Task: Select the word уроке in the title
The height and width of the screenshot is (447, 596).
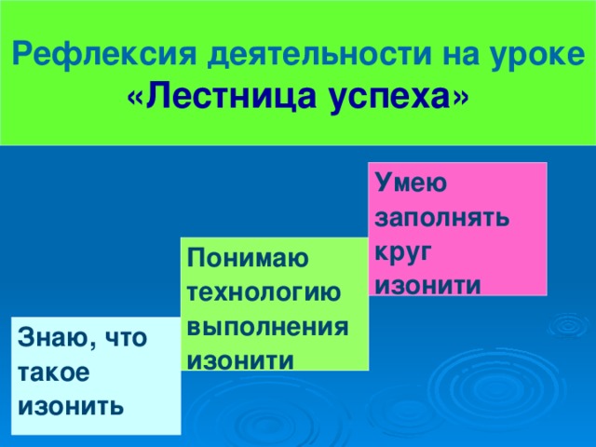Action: click(541, 55)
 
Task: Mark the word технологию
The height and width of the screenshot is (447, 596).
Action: click(263, 292)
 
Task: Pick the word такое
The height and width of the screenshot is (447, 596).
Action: click(54, 372)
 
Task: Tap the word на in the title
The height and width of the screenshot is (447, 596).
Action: click(460, 55)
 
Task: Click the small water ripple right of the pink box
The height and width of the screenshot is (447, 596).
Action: click(567, 326)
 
